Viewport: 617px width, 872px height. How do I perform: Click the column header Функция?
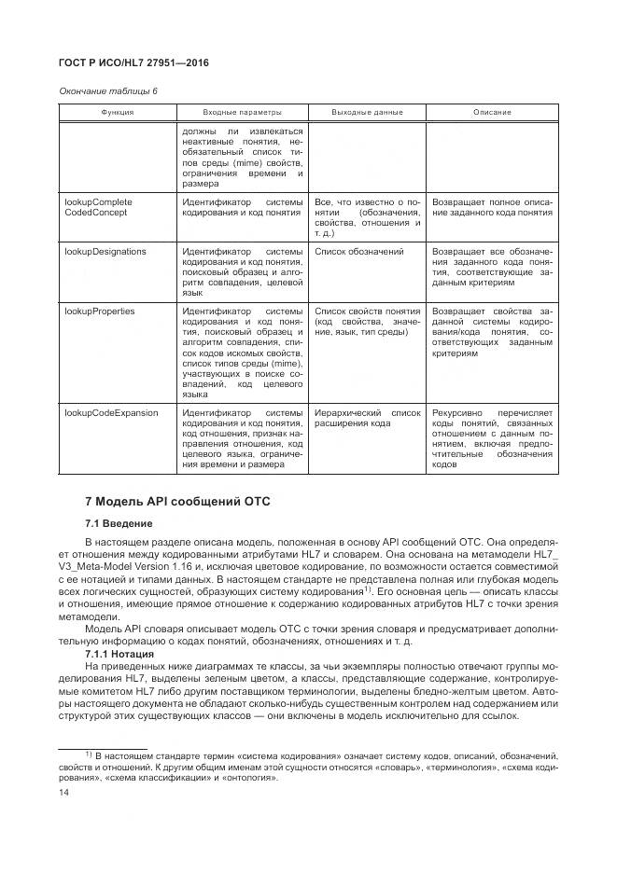point(118,112)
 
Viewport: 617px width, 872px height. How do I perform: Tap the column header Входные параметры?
point(243,112)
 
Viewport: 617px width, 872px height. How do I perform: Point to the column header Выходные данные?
point(367,112)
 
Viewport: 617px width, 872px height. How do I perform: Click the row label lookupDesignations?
point(103,252)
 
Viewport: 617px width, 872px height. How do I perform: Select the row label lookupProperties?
point(99,311)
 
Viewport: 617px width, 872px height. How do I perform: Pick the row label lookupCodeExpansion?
point(110,412)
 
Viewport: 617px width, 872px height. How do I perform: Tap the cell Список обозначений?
point(359,252)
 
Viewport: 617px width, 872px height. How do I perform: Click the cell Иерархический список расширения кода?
point(367,418)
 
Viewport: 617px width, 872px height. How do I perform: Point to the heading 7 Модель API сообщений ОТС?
point(177,501)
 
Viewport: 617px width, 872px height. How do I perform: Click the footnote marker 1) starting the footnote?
point(89,751)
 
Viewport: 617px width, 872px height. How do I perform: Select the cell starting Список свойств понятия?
point(367,323)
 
